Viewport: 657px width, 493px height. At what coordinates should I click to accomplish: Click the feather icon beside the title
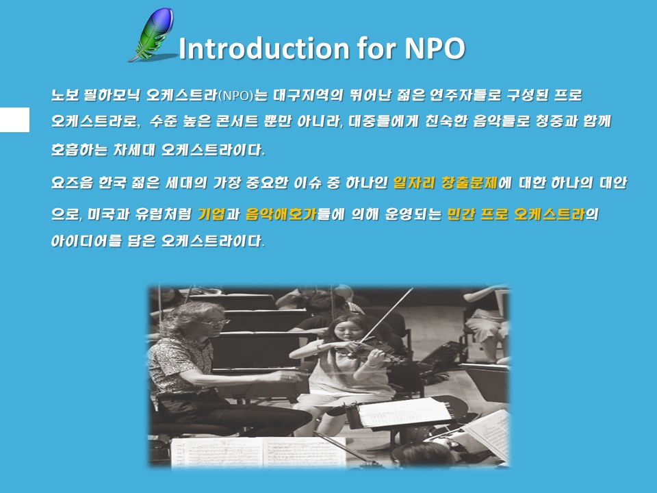point(152,34)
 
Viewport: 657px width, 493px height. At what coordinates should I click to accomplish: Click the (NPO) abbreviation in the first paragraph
point(236,96)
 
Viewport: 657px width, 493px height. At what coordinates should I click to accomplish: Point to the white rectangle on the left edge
point(14,119)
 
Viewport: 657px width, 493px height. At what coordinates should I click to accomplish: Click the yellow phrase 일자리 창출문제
point(445,183)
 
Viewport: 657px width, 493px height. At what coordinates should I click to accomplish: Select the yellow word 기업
point(211,214)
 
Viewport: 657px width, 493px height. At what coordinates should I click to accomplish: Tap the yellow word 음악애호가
point(281,214)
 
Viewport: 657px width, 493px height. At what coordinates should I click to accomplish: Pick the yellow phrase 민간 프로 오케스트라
point(516,214)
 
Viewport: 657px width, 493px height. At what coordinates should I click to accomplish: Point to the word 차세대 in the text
point(134,150)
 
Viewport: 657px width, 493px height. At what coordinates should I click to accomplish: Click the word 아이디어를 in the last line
point(86,241)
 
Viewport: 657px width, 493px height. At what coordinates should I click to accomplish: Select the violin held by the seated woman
point(369,351)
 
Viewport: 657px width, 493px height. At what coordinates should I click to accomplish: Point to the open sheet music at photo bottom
point(259,452)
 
